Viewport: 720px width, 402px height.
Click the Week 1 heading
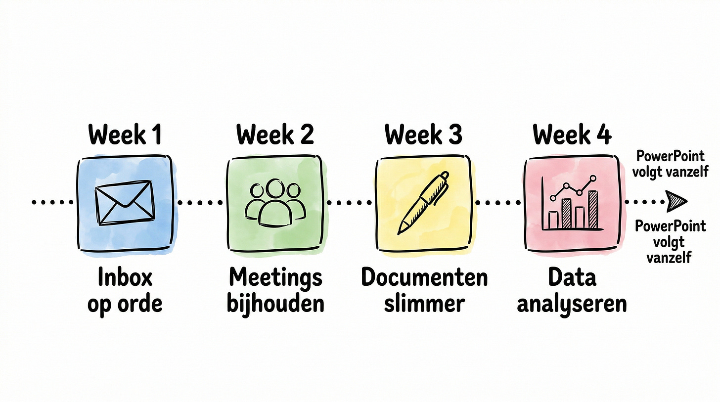pos(125,134)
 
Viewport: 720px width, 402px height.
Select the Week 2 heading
pos(274,134)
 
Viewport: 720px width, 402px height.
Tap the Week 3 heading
pos(423,134)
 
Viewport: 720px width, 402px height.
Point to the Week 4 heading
pos(572,134)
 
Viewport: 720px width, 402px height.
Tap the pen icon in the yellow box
pos(424,203)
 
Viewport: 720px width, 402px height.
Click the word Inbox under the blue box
pos(125,278)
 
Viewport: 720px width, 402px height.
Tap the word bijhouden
pos(275,303)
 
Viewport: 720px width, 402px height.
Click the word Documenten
pos(424,278)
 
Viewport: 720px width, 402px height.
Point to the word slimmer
pos(424,303)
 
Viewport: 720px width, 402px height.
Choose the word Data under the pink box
pos(572,278)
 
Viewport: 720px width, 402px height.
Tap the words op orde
pos(125,303)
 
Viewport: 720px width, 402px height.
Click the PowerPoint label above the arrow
pos(670,164)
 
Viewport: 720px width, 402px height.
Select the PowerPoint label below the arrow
pos(670,242)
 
